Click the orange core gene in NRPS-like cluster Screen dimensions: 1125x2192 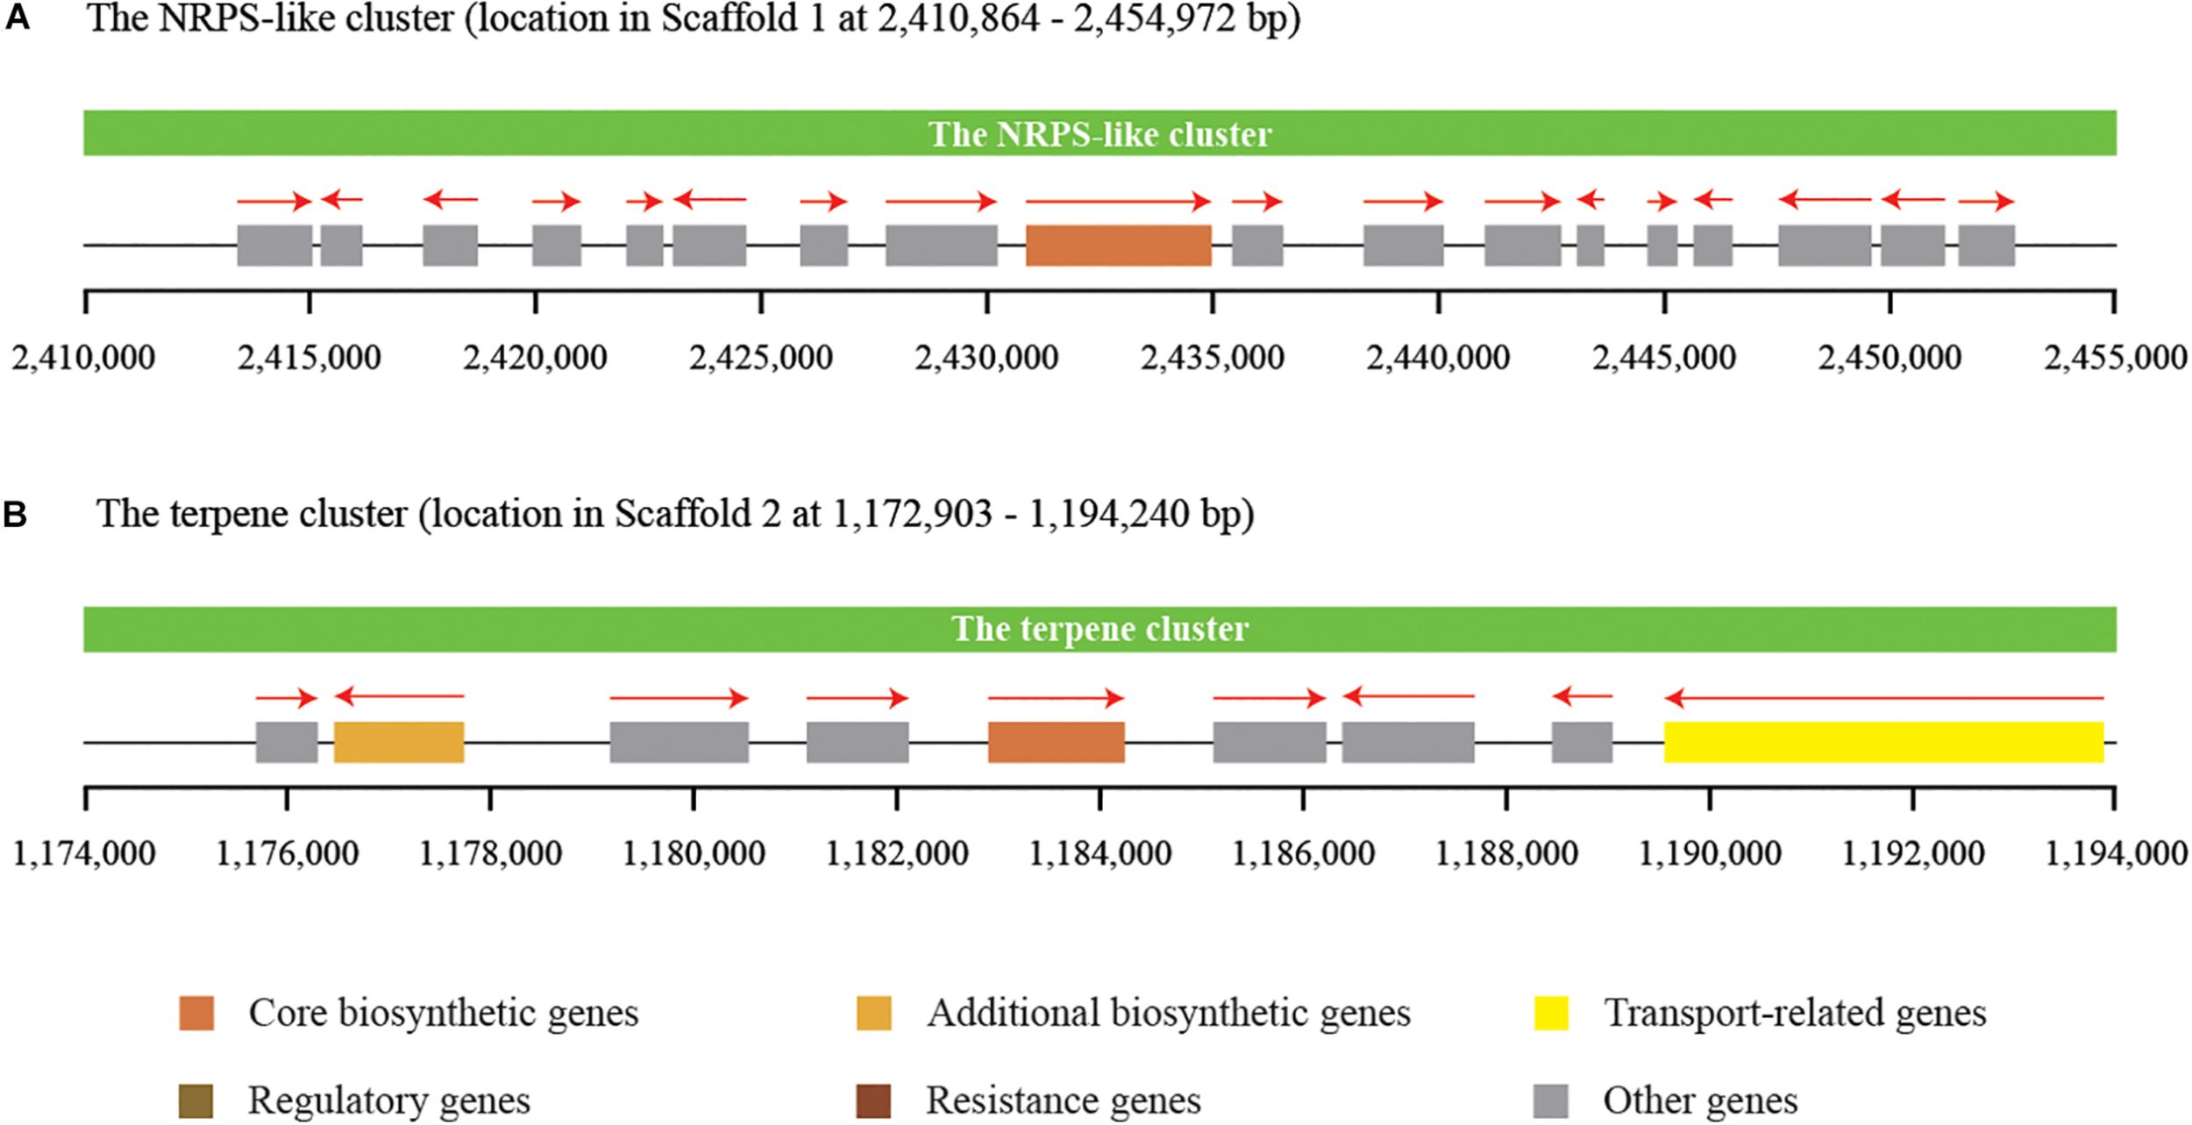[x=1118, y=246]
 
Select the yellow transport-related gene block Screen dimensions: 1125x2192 [x=1883, y=742]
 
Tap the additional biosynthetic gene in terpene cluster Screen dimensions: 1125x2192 [x=399, y=742]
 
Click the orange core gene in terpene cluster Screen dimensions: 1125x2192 [x=1056, y=742]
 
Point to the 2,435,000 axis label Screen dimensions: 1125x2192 [x=1212, y=358]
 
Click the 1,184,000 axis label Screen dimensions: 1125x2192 [x=1100, y=853]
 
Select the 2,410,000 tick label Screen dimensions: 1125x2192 [x=83, y=358]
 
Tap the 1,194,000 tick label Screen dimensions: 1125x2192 [x=2115, y=853]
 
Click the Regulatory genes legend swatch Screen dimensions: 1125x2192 [x=196, y=1101]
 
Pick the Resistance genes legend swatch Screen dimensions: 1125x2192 [x=873, y=1101]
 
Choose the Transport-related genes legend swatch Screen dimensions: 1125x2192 [x=1551, y=1014]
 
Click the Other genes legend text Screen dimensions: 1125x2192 [x=1700, y=1101]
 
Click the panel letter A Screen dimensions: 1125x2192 [x=18, y=18]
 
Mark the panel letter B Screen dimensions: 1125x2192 [x=16, y=515]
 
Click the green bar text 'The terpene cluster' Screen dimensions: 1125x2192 [x=1100, y=630]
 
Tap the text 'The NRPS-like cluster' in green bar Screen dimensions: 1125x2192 [x=1100, y=134]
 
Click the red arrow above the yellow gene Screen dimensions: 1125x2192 [x=1883, y=698]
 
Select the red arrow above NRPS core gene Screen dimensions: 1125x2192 [x=1118, y=202]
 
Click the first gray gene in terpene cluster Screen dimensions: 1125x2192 [x=287, y=742]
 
